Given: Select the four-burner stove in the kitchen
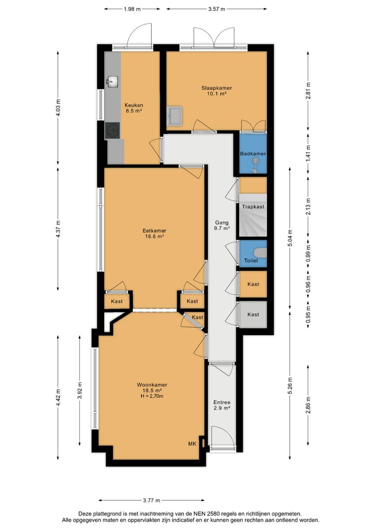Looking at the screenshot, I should coord(113,130).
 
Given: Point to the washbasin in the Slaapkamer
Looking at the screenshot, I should coord(174,115).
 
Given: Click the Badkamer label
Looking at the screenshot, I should coord(253,154).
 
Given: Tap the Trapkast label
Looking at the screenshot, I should coord(253,207).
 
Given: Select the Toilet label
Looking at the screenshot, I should coord(251,261).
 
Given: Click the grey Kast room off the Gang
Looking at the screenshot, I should coord(253,314).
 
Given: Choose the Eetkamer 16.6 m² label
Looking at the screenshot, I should coord(154,233).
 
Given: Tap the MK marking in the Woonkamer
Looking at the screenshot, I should coord(192,443).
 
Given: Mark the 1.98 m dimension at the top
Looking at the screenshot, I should coord(132,9).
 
